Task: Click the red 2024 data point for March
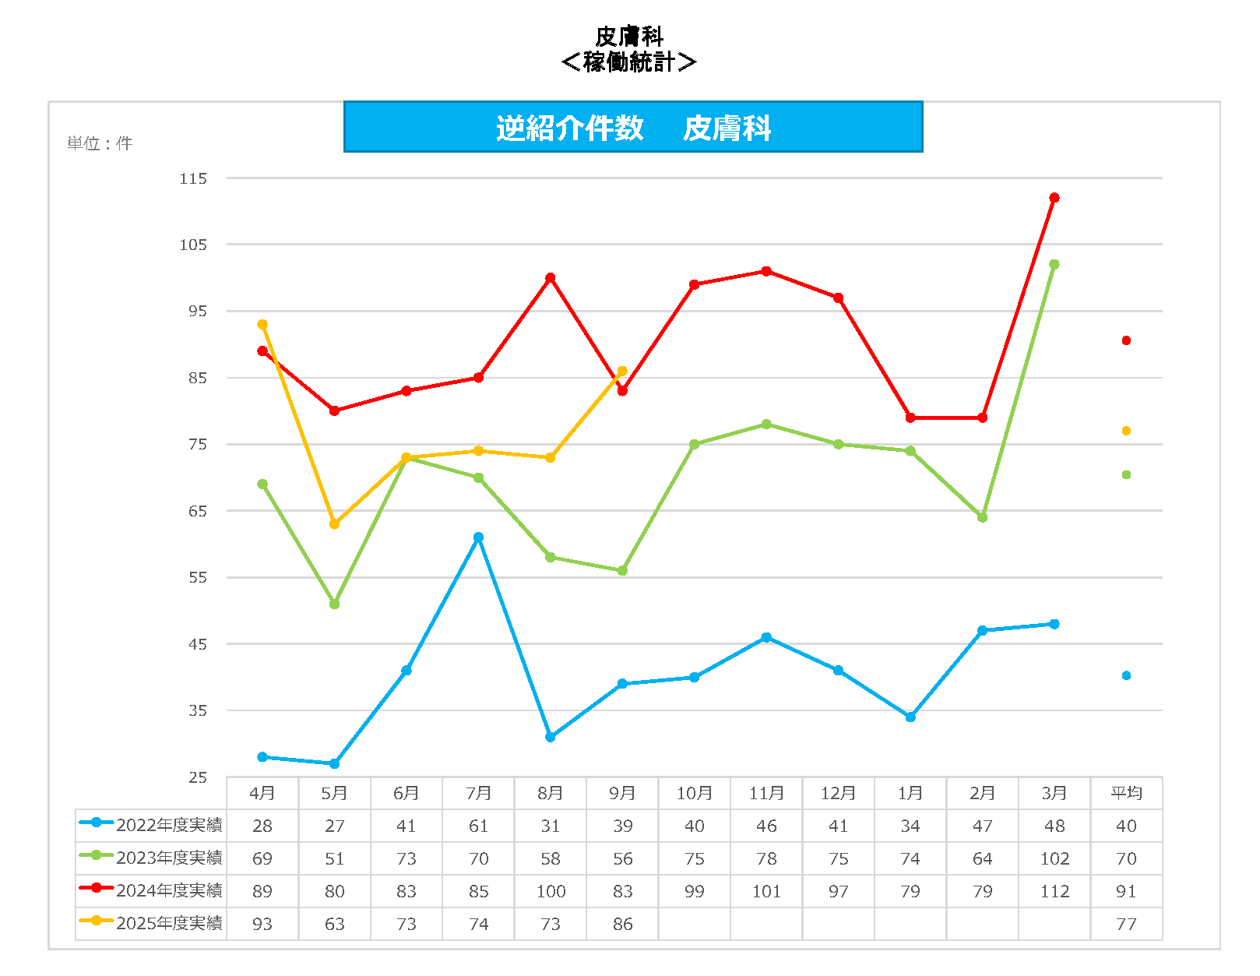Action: coord(1054,198)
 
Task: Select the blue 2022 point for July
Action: coord(478,537)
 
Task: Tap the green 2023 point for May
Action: coord(334,604)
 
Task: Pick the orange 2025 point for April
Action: coord(262,324)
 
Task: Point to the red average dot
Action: coord(1126,340)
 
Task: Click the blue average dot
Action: coord(1126,675)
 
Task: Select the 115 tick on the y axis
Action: coord(193,178)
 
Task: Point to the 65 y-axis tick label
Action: coord(198,511)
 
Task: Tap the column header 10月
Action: coord(694,793)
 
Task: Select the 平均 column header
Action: coord(1126,793)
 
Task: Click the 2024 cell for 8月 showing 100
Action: coord(551,891)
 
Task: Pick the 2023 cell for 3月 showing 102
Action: coord(1054,858)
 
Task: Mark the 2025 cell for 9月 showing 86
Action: coord(622,924)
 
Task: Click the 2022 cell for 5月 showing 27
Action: coord(334,826)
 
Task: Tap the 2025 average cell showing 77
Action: coord(1126,924)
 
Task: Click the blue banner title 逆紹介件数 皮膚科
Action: coord(633,128)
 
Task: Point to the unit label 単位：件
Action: coord(100,143)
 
